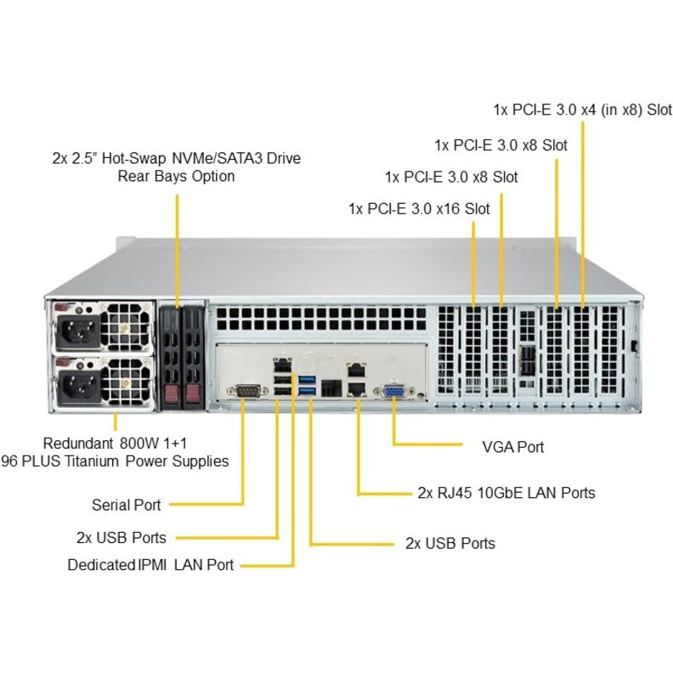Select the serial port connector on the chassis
245,392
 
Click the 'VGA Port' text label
512,446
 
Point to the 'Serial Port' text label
126,505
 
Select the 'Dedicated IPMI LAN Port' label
150,564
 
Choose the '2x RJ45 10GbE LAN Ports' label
506,493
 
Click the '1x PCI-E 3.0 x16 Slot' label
419,209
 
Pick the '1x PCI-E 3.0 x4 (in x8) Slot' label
581,110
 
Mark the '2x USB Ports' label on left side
122,537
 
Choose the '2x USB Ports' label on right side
450,543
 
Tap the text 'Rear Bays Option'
176,177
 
